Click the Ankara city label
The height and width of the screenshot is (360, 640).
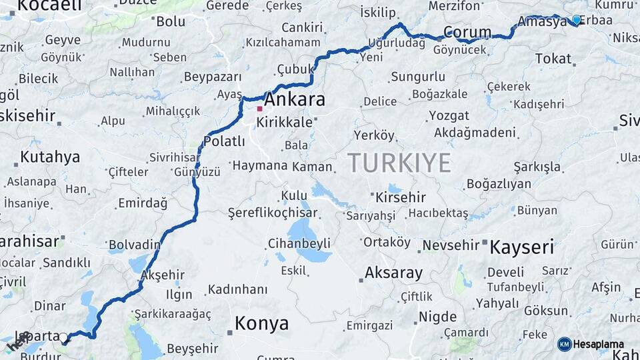tap(295, 100)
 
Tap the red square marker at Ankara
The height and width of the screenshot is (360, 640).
tap(259, 108)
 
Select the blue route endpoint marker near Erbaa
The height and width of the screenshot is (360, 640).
tap(576, 20)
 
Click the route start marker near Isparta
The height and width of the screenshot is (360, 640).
tap(64, 339)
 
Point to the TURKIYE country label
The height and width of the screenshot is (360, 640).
tap(399, 163)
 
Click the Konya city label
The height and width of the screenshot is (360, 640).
tap(262, 324)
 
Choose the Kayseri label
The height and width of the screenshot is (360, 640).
tap(522, 247)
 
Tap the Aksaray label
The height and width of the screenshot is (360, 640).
tap(393, 273)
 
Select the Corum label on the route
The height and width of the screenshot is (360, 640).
tap(467, 32)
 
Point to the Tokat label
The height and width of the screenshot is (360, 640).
tap(553, 59)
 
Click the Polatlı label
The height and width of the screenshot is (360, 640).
tap(225, 141)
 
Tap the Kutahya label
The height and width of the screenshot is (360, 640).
tap(50, 157)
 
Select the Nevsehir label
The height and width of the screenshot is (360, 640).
tap(451, 245)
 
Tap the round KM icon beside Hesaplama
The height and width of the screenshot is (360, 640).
tap(564, 344)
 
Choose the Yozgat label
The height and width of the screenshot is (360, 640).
tap(449, 115)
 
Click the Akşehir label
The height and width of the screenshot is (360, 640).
tap(163, 274)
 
